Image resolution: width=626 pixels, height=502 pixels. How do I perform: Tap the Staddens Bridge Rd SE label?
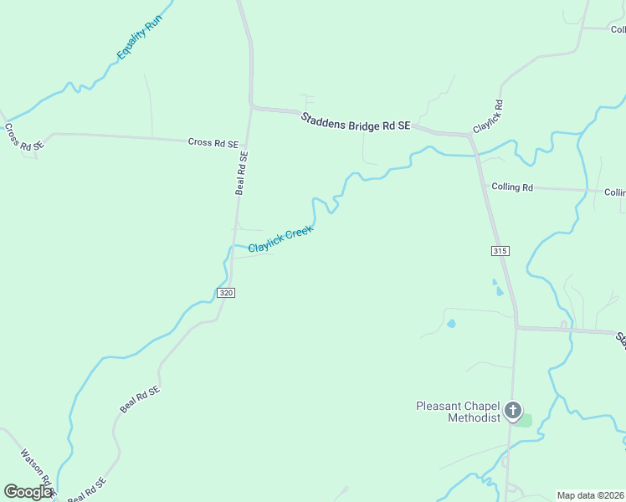[x=356, y=120]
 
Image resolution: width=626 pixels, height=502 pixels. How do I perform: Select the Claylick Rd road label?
[x=488, y=117]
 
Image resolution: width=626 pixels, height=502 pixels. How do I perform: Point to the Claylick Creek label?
[x=280, y=238]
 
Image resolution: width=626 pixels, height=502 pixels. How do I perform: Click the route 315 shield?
[x=500, y=250]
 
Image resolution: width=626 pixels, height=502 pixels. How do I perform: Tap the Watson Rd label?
[x=37, y=472]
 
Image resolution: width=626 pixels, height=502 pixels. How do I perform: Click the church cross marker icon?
[x=513, y=412]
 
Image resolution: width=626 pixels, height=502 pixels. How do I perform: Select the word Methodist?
[x=474, y=417]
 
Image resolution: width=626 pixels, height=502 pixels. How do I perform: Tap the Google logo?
[x=28, y=492]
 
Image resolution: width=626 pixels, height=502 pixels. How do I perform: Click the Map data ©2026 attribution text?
[x=591, y=495]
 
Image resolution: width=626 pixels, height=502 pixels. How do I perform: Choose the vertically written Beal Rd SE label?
[x=242, y=172]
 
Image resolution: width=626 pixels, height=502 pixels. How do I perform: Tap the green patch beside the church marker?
[x=524, y=420]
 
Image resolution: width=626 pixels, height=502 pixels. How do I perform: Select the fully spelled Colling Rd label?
[x=512, y=187]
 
